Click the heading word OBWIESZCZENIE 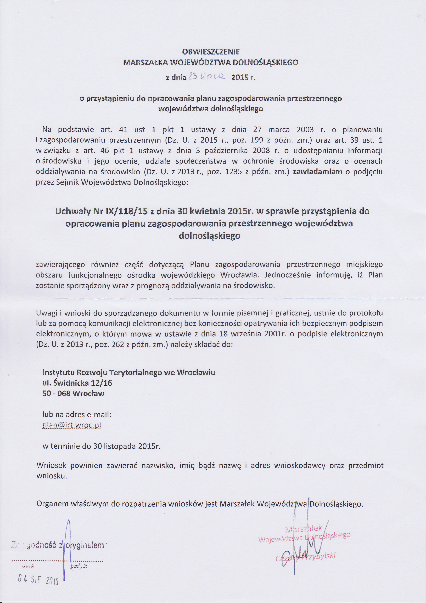pyautogui.click(x=211, y=52)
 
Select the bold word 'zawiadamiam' pyautogui.click(x=317, y=172)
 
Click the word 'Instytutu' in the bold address pyautogui.click(x=58, y=372)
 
